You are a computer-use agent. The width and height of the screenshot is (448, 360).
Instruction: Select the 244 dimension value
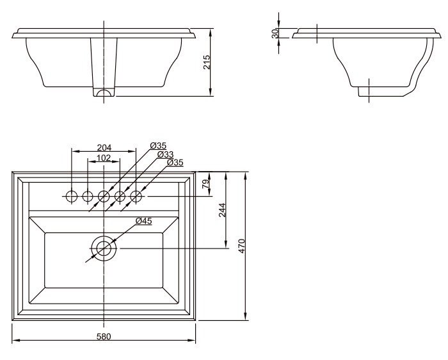[x=222, y=210]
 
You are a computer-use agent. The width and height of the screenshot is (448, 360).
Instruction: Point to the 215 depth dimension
[x=207, y=62]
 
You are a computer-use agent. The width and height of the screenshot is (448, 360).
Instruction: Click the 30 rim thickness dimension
[x=275, y=33]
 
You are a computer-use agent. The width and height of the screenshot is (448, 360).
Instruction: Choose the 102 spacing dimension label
[x=104, y=158]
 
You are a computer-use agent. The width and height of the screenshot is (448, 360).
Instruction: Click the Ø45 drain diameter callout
[x=144, y=221]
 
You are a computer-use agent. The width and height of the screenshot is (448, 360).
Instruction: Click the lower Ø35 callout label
[x=175, y=163]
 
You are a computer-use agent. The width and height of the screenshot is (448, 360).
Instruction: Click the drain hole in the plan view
[x=104, y=247]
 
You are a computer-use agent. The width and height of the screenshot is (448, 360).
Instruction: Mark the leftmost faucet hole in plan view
[x=72, y=195]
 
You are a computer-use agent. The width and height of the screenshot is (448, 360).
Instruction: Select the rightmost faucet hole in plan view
[x=136, y=195]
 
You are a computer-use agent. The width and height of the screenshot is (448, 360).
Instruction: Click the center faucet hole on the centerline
[x=104, y=195]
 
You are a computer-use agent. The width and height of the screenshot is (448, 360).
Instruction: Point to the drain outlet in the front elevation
[x=104, y=93]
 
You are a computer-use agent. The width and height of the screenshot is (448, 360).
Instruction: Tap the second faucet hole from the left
[x=88, y=195]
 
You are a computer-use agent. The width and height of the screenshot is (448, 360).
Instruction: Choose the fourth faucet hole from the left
[x=120, y=195]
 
